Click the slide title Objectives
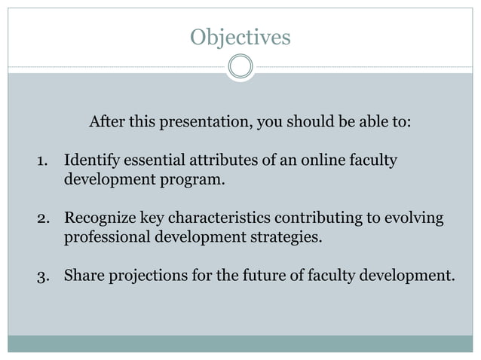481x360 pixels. point(240,37)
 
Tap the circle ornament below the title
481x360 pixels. point(240,68)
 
